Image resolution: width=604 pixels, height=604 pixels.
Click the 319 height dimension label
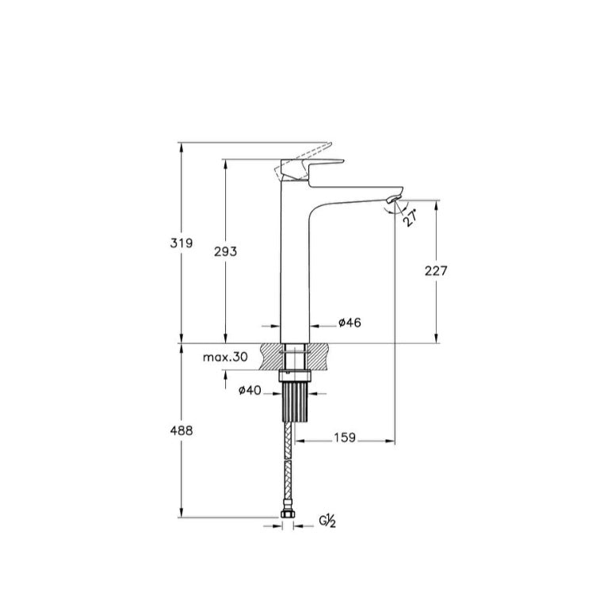(182, 243)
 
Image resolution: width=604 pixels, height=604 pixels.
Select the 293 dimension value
(226, 251)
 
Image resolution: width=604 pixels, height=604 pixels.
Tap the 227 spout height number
(436, 271)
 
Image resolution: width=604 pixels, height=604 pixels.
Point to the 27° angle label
(411, 218)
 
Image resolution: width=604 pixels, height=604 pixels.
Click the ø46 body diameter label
(350, 323)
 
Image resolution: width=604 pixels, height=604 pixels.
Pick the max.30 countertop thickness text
(225, 357)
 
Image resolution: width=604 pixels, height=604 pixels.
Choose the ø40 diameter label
(250, 391)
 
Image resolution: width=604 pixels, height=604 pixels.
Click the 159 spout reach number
(345, 438)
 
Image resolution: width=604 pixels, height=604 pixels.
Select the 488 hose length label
(182, 430)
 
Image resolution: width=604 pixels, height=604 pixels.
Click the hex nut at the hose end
(288, 514)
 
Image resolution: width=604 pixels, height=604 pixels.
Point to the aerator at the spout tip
(392, 199)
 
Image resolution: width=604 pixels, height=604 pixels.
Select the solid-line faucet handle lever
(312, 169)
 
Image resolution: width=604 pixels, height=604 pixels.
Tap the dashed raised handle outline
(302, 161)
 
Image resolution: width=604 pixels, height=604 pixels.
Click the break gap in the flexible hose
(289, 458)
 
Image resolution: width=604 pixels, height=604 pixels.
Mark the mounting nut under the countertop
(296, 377)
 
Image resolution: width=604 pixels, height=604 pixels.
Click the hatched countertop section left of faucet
(272, 357)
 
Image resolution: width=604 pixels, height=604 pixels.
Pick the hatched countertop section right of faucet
(319, 357)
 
